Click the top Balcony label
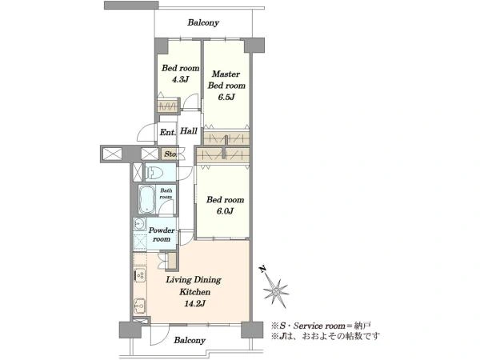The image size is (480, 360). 203,22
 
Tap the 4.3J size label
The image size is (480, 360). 180,79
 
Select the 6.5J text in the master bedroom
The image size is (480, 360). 226,97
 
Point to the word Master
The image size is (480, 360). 226,74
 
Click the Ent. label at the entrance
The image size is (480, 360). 168,133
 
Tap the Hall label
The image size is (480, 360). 189,131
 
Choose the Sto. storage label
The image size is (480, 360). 170,154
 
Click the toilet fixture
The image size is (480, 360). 154,173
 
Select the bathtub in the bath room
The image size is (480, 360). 147,199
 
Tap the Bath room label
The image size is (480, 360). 166,194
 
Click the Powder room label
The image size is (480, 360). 162,234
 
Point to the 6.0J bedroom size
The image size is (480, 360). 225,211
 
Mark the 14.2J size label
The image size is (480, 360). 194,304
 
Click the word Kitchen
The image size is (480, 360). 195,292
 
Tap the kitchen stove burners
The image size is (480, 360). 140,275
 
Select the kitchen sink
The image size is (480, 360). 139,305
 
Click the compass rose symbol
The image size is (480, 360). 276,292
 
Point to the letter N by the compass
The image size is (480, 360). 262,270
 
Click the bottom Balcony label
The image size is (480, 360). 190,341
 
